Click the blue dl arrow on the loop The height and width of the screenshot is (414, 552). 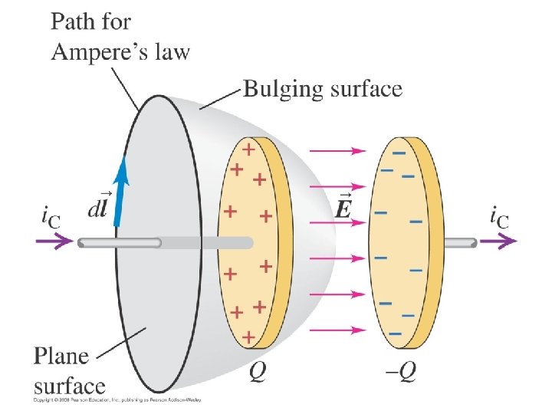(x=121, y=195)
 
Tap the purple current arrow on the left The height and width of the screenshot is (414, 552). (x=54, y=242)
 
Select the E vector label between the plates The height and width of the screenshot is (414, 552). (x=346, y=207)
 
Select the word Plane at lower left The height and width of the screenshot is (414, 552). (x=61, y=356)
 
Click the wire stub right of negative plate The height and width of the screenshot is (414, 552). (x=459, y=242)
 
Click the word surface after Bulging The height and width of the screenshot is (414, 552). (x=364, y=90)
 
